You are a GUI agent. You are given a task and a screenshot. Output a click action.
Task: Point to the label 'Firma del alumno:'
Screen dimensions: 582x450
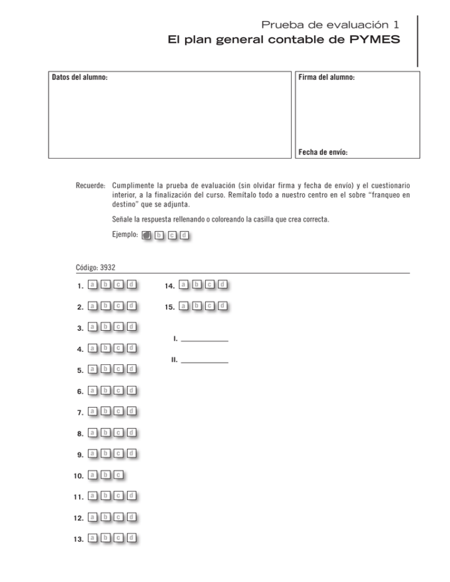click(326, 77)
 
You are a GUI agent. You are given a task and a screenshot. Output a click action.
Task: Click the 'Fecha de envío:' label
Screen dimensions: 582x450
click(323, 152)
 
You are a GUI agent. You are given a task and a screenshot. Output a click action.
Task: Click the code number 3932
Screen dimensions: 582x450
click(108, 267)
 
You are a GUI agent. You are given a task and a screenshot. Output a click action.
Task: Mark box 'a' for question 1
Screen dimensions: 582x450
click(93, 285)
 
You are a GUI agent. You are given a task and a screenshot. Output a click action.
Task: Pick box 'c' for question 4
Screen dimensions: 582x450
click(118, 348)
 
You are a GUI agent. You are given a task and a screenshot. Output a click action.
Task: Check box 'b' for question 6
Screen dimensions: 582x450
click(105, 390)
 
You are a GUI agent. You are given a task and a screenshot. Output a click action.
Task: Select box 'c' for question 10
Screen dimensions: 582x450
click(118, 474)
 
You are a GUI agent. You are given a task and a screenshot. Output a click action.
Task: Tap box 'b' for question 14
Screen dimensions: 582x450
click(197, 285)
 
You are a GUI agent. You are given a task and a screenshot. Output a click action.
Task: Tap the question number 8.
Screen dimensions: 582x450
click(79, 434)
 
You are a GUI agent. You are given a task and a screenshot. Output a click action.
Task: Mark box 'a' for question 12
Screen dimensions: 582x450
click(93, 516)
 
